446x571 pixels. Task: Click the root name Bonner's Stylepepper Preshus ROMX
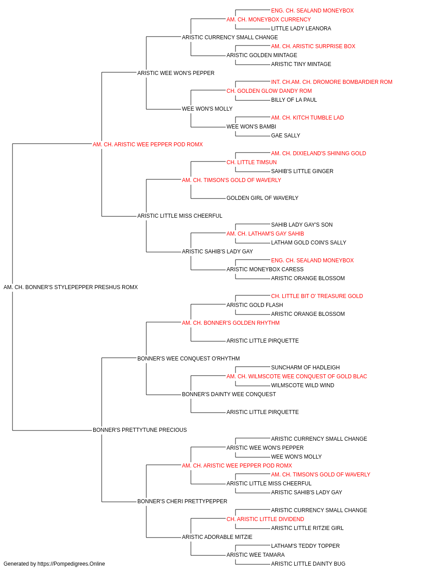(x=70, y=287)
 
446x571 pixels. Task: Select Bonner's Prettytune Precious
(x=140, y=430)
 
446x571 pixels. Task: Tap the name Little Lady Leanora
(x=301, y=29)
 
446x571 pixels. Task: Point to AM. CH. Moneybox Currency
(x=268, y=20)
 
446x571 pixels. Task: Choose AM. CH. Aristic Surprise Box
(x=313, y=46)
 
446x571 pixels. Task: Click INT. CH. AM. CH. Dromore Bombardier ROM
(x=332, y=82)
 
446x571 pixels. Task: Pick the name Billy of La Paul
(x=294, y=100)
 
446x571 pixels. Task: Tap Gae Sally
(x=285, y=136)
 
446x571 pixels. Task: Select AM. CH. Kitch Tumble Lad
(x=307, y=118)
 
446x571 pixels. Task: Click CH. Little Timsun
(x=252, y=162)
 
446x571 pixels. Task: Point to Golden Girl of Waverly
(x=262, y=198)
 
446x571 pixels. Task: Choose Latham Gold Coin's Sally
(x=309, y=243)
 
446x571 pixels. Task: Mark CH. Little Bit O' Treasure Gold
(x=317, y=296)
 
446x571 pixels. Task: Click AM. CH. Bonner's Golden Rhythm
(x=231, y=323)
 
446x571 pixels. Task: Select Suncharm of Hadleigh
(x=306, y=367)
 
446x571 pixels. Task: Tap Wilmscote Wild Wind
(x=302, y=385)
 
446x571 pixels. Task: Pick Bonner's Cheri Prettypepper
(x=182, y=501)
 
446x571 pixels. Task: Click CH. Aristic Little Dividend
(x=265, y=519)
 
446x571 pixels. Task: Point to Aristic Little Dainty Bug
(x=308, y=564)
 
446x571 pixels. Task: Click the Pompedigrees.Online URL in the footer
(x=71, y=564)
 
